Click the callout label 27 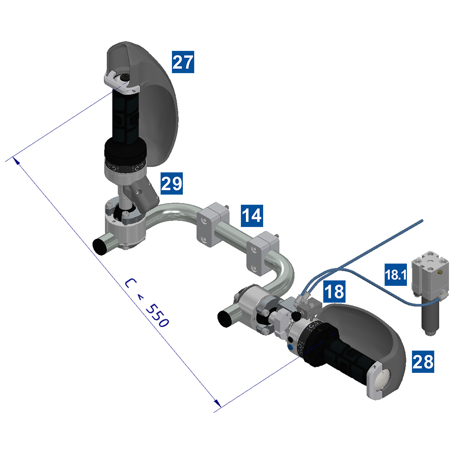(x=183, y=63)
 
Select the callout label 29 (x=172, y=184)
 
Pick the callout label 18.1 (x=396, y=275)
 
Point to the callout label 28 (x=422, y=361)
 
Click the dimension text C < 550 (x=147, y=302)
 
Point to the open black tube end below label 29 (x=100, y=246)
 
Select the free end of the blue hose (x=422, y=220)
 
